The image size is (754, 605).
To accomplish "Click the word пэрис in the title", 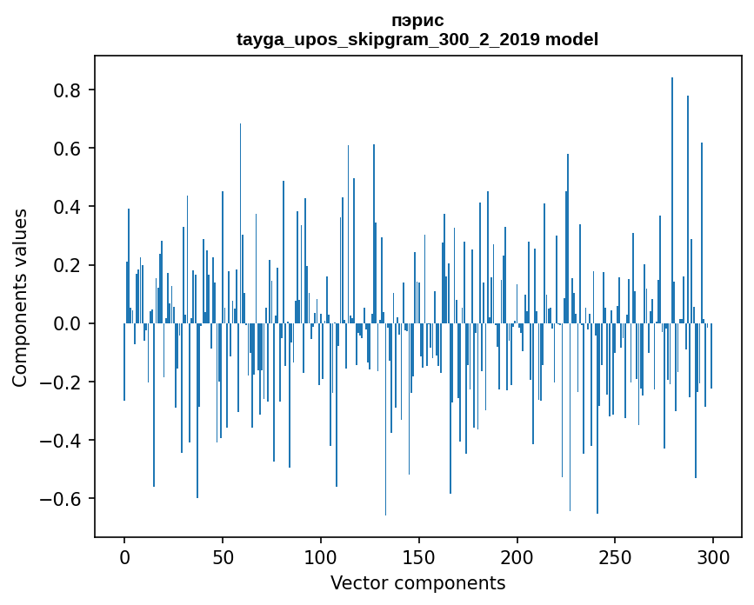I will [417, 21].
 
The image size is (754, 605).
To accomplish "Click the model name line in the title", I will [417, 39].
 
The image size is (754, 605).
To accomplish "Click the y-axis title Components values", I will [20, 297].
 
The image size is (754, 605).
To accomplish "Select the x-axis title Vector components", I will [417, 582].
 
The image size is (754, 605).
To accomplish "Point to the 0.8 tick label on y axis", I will [70, 90].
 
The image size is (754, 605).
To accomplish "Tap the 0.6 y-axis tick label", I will [70, 149].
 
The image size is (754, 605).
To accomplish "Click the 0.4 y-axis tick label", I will [70, 207].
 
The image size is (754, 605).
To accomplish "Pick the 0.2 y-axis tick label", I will [70, 265].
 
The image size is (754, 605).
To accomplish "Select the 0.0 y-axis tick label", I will [70, 323].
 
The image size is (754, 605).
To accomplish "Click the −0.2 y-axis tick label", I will [63, 382].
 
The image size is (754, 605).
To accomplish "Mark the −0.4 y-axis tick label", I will [63, 440].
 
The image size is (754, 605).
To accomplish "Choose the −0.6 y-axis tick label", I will [63, 498].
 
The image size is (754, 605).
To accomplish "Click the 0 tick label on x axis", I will [124, 556].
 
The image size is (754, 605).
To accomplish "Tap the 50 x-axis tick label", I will [223, 556].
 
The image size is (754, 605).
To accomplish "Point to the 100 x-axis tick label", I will [321, 556].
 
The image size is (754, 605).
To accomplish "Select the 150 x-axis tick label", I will [419, 556].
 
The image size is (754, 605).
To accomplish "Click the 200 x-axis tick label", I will [517, 556].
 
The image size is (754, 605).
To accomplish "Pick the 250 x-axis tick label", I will [616, 556].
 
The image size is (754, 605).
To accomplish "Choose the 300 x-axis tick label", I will [713, 556].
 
